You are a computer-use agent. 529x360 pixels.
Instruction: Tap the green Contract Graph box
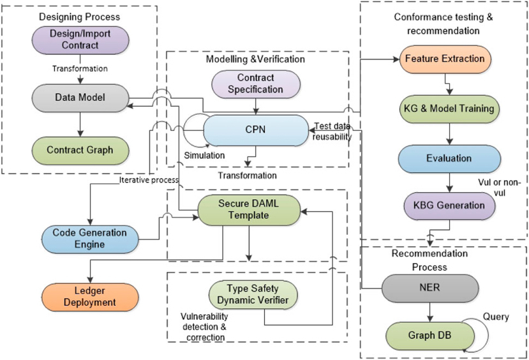coord(79,151)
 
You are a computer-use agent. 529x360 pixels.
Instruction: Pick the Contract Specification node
coord(256,84)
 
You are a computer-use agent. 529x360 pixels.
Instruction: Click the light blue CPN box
coord(255,130)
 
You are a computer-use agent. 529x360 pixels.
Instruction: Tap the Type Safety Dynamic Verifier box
coord(253,295)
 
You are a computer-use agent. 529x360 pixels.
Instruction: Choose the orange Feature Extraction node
coord(445,59)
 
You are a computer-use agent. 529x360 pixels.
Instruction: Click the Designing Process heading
coord(79,16)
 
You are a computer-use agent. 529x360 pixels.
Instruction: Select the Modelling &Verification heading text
coord(255,59)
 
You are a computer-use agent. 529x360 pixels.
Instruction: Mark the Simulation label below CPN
coord(204,155)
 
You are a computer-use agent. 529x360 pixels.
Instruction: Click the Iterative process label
coord(149,180)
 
